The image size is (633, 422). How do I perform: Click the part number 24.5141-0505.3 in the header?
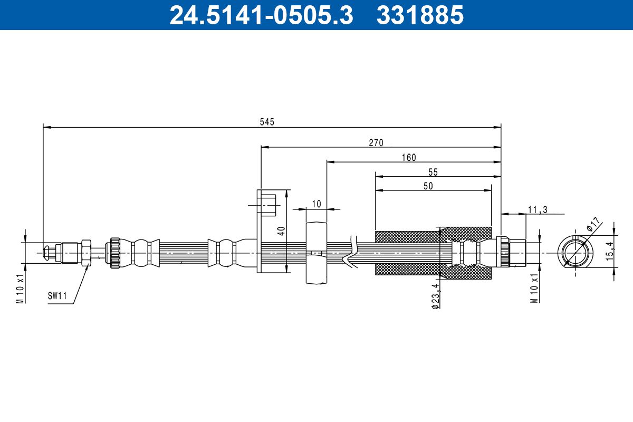coord(261,15)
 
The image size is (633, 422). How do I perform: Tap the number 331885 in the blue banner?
coord(420,15)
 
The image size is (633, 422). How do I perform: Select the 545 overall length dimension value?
coord(267,122)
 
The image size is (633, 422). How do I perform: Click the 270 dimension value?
coord(376,142)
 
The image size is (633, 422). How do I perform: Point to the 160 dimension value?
coord(408,157)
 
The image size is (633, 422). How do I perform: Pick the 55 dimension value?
coord(433,172)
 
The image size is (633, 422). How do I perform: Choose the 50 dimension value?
coord(428,186)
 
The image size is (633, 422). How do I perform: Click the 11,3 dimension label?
coord(537,209)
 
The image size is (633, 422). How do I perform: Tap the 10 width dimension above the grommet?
coord(316,204)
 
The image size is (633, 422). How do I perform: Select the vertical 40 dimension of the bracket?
coord(282,231)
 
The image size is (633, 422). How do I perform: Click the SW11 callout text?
coord(57,296)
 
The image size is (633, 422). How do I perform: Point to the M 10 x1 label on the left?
coord(20,288)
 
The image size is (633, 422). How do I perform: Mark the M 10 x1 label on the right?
coord(534,288)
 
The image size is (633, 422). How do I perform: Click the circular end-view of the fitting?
coord(573,251)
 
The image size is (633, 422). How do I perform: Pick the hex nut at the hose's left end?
coord(85,252)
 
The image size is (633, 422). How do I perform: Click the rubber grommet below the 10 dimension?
coord(316,254)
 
